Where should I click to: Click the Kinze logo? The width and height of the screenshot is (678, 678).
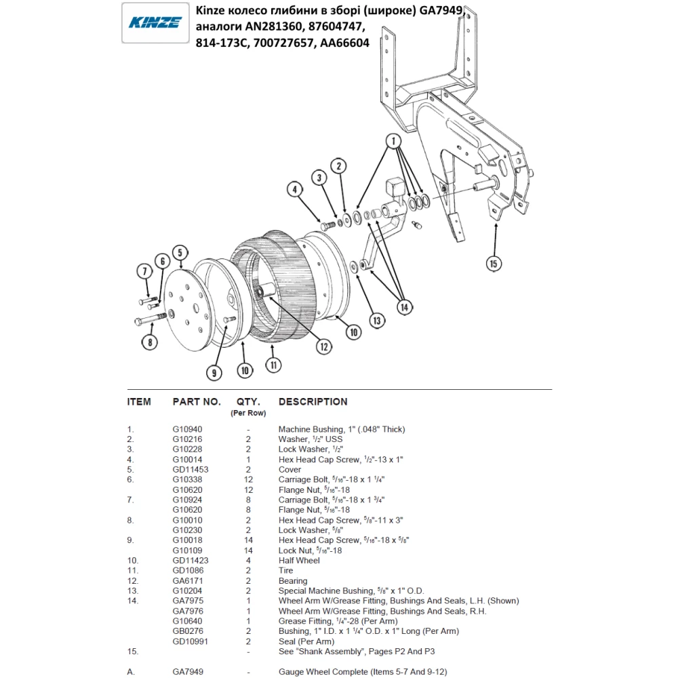(x=155, y=22)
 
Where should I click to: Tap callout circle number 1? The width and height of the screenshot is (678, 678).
(x=392, y=141)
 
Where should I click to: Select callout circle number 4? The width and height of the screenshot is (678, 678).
(x=294, y=190)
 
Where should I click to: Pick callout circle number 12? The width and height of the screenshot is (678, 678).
(x=324, y=346)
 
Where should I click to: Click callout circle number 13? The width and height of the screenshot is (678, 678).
(x=376, y=319)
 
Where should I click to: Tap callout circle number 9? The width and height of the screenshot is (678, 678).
(x=215, y=372)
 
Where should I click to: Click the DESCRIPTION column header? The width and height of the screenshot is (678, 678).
(x=313, y=401)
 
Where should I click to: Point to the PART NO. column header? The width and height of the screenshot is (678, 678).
(x=197, y=401)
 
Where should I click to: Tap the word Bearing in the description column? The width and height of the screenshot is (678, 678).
(x=293, y=581)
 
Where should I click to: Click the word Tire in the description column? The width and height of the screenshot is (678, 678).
(x=285, y=571)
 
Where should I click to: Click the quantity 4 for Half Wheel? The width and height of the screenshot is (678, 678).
(x=249, y=561)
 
